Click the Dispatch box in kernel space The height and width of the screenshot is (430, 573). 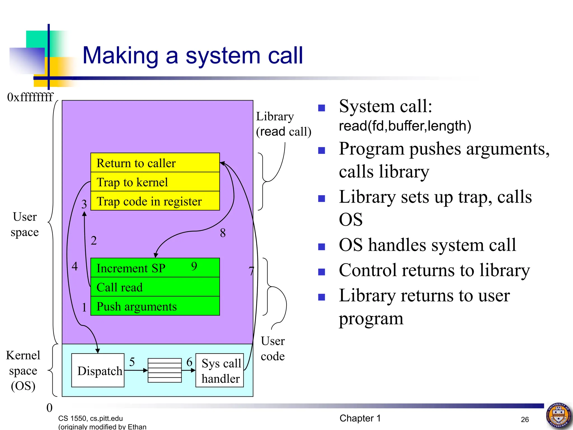[x=98, y=370]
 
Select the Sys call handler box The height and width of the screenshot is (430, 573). [x=220, y=370]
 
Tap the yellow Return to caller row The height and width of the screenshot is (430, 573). [x=155, y=163]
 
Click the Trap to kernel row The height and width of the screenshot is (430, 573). [x=155, y=182]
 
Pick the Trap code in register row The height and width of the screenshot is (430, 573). [x=155, y=201]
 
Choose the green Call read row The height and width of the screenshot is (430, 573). [x=155, y=287]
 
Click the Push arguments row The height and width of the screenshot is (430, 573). [x=155, y=306]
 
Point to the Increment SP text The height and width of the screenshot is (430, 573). [x=131, y=268]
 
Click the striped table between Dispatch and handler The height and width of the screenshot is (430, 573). [x=165, y=370]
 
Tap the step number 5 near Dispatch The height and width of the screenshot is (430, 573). [x=132, y=362]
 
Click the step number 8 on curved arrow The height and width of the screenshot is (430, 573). [x=223, y=233]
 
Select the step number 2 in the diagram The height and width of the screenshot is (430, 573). [x=94, y=240]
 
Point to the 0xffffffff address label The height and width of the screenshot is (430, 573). [x=30, y=97]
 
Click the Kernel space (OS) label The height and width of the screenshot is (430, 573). [x=23, y=370]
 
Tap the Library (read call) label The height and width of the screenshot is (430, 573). [x=283, y=124]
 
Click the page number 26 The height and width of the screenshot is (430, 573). [x=525, y=419]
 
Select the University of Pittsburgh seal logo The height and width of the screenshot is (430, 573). [x=559, y=415]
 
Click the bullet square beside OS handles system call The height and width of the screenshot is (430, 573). [x=321, y=247]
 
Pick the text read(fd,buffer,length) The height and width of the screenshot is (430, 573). [x=405, y=126]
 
